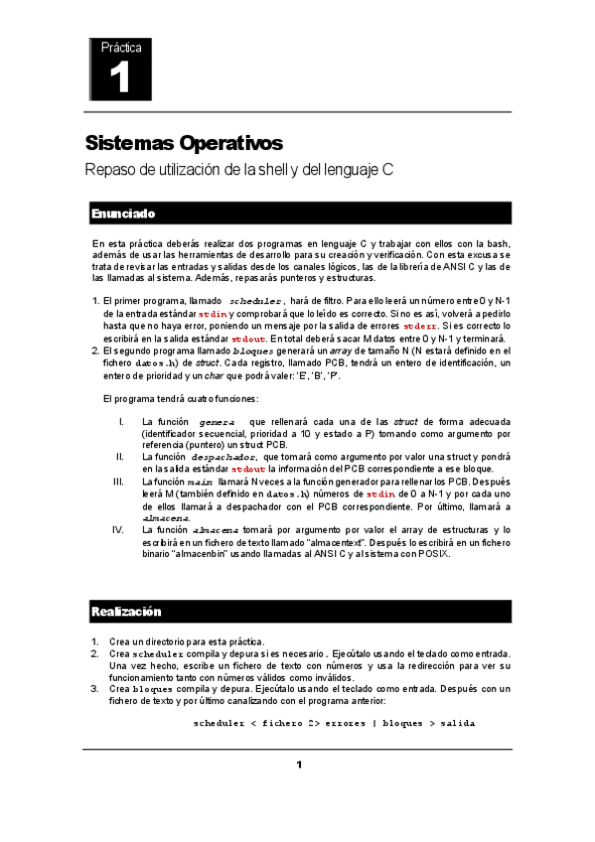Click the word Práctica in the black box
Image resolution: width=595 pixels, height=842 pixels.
coord(120,47)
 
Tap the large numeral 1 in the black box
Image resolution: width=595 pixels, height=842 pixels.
coord(120,78)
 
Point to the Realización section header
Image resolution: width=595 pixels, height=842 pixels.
coord(126,611)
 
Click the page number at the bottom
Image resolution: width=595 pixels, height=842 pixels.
coord(297,764)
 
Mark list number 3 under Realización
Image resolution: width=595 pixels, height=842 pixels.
coord(94,687)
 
